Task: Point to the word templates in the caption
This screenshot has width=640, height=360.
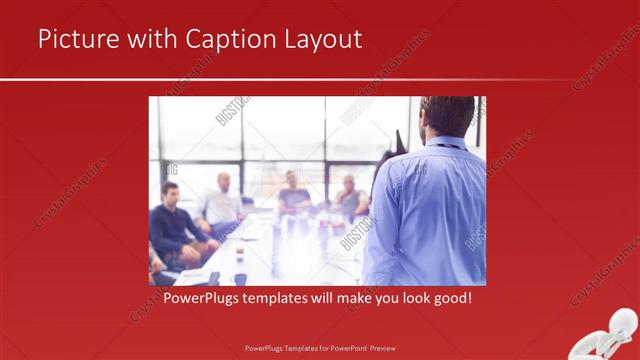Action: tap(282, 298)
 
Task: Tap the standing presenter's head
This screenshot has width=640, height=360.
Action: tap(447, 115)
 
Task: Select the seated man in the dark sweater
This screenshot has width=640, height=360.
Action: tap(172, 225)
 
